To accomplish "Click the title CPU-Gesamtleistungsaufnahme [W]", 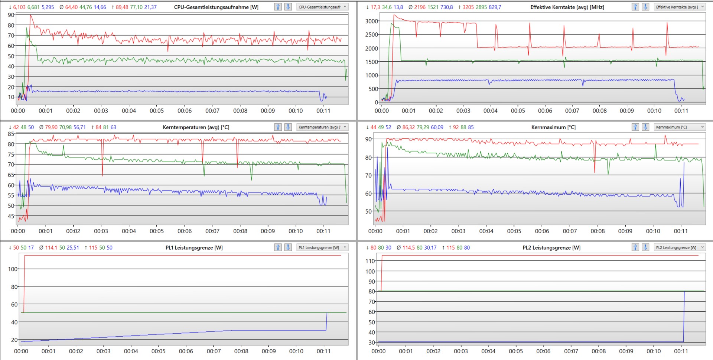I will click(216, 7).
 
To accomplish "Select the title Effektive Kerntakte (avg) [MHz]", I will click(567, 7).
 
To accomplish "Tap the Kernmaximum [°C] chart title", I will click(553, 127).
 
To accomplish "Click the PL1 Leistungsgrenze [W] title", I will click(194, 247).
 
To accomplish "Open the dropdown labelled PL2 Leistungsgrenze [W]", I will click(679, 247).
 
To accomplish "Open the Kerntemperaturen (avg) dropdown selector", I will click(322, 127).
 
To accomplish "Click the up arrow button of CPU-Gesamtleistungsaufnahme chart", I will click(278, 7).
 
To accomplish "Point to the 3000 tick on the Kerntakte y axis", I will click(371, 21).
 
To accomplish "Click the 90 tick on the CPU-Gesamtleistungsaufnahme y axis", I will click(11, 15).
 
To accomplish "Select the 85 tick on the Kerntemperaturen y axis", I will click(11, 134).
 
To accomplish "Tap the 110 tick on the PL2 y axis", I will click(370, 261).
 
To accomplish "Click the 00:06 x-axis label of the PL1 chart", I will click(186, 351).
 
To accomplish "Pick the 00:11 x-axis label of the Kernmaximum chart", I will click(681, 231).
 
